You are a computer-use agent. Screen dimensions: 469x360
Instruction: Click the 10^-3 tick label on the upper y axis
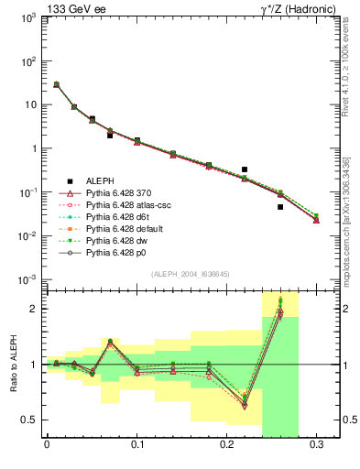tap(27, 279)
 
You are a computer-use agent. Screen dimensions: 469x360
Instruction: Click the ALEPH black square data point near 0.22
tap(245, 169)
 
